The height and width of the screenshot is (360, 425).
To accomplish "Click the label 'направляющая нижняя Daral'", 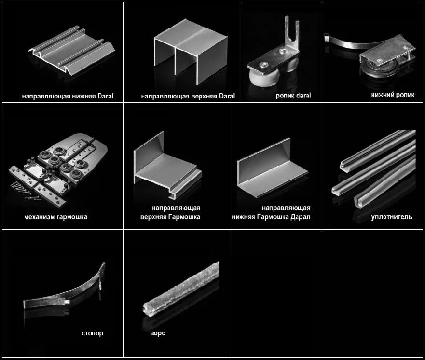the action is pyautogui.click(x=68, y=96).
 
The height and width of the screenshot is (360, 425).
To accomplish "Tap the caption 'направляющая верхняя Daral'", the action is pyautogui.click(x=188, y=96).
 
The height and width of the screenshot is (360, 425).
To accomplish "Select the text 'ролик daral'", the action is pyautogui.click(x=293, y=96).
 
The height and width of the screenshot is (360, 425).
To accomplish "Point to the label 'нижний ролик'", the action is pyautogui.click(x=393, y=95).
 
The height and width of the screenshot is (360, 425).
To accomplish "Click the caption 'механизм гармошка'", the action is pyautogui.click(x=55, y=217).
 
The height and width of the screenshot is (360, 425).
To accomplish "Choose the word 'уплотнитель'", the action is pyautogui.click(x=392, y=217).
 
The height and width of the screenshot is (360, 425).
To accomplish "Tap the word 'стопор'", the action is pyautogui.click(x=93, y=333).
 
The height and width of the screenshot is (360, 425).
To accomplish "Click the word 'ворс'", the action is pyautogui.click(x=158, y=333).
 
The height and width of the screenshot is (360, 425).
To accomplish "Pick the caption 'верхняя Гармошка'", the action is pyautogui.click(x=170, y=217).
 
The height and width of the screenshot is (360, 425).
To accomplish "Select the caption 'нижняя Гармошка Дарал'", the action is pyautogui.click(x=271, y=217).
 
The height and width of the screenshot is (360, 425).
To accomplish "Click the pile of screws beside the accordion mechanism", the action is pyautogui.click(x=26, y=191).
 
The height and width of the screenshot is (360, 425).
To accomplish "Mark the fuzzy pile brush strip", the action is pyautogui.click(x=181, y=289).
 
